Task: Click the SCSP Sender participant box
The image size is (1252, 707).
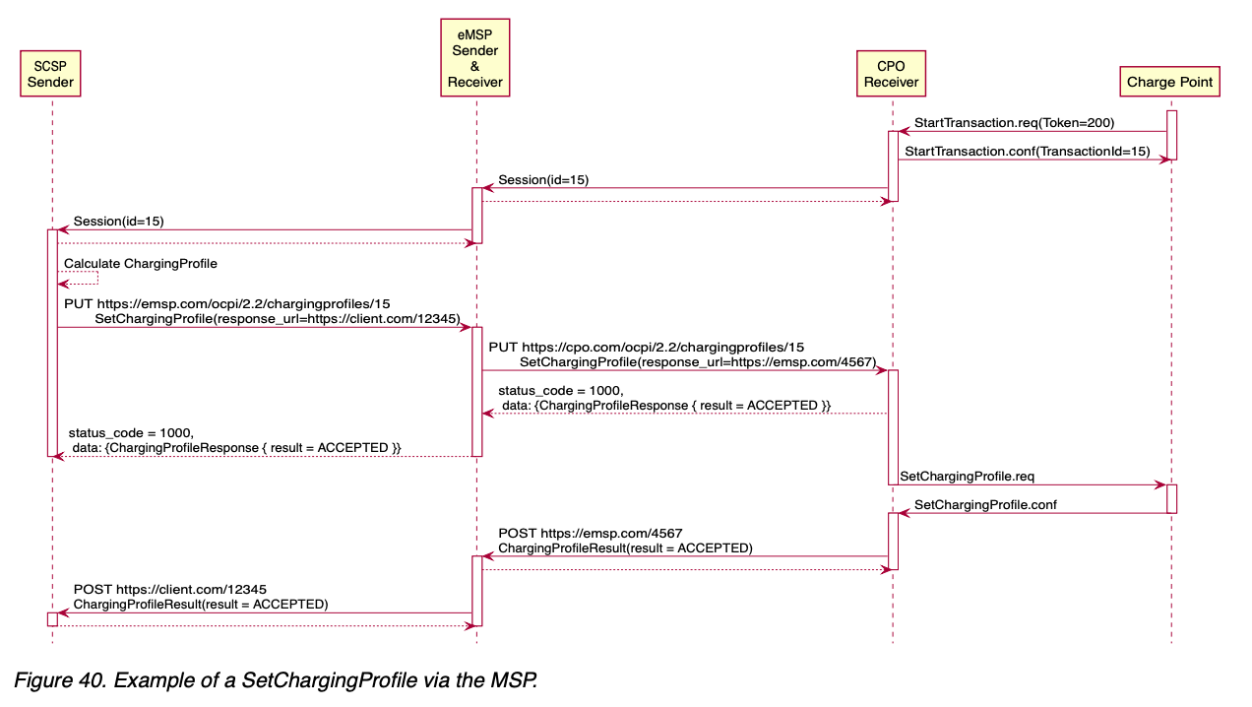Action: pyautogui.click(x=50, y=74)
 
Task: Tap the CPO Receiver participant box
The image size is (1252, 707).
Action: pyautogui.click(x=892, y=74)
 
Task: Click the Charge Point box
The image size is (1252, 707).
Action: pyautogui.click(x=1170, y=82)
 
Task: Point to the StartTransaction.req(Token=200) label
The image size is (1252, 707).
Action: pyautogui.click(x=1014, y=123)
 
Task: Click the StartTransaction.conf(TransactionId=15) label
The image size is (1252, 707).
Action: pyautogui.click(x=1027, y=151)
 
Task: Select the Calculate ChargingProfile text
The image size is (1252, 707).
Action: pyautogui.click(x=141, y=264)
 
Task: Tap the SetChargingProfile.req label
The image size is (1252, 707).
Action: pyautogui.click(x=967, y=476)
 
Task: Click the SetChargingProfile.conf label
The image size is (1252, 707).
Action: pyautogui.click(x=985, y=504)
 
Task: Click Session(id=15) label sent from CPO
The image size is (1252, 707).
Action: pyautogui.click(x=543, y=180)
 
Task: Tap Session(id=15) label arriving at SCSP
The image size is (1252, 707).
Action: pyautogui.click(x=118, y=222)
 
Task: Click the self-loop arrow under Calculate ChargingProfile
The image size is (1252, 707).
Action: pyautogui.click(x=84, y=279)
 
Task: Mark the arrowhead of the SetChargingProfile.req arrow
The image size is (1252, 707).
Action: pyautogui.click(x=1160, y=484)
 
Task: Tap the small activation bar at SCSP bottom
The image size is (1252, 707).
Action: pyautogui.click(x=52, y=618)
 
